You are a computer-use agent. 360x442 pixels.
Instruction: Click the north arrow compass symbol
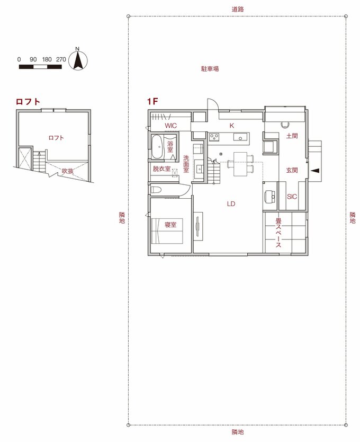tap(77, 60)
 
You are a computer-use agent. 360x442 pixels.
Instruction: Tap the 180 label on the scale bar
tap(47, 59)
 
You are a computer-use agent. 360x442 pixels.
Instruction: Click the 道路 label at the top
tap(238, 10)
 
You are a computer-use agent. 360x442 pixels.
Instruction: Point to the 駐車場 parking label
tap(210, 69)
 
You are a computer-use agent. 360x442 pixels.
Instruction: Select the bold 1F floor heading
tap(152, 101)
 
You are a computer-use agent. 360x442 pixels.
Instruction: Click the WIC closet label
tap(170, 126)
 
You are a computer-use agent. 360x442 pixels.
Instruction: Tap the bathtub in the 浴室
tap(157, 147)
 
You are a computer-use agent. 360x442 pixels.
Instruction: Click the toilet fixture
tap(156, 189)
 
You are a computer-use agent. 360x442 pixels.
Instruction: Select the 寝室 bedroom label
tap(170, 225)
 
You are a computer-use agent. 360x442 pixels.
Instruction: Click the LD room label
tap(231, 204)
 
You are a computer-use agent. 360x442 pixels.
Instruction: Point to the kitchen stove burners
tap(214, 137)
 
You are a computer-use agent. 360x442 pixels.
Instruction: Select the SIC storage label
tap(292, 197)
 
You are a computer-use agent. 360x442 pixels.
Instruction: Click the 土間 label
tap(292, 136)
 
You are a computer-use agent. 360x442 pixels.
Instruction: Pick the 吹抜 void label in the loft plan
tap(68, 171)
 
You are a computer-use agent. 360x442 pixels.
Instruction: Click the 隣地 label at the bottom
tap(238, 432)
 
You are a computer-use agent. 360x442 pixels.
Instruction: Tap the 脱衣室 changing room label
tap(161, 169)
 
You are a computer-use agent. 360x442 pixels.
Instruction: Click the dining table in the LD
tap(240, 164)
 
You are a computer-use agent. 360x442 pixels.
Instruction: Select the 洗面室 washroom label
tap(186, 164)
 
